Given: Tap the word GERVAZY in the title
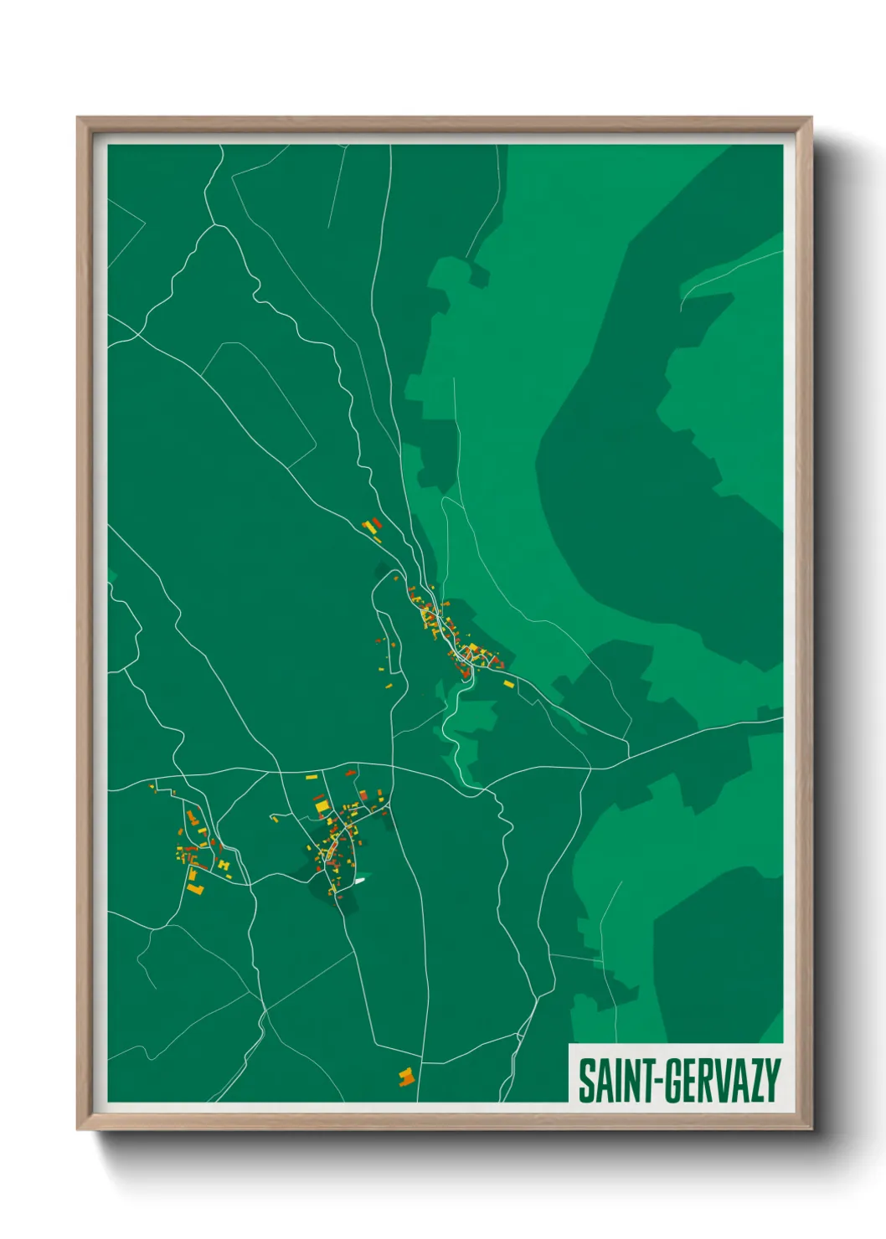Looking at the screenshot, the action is click(723, 1081).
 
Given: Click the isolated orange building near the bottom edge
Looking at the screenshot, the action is click(406, 1077).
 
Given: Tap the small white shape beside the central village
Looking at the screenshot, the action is click(359, 880).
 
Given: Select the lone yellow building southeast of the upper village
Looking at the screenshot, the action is click(507, 684).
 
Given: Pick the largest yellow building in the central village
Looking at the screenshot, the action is click(322, 806).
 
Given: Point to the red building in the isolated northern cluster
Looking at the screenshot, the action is click(377, 523).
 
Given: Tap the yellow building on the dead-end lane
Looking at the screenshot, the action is click(276, 819).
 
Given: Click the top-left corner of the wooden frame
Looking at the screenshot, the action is click(78, 118).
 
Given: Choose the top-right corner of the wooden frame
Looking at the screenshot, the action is click(811, 118).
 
